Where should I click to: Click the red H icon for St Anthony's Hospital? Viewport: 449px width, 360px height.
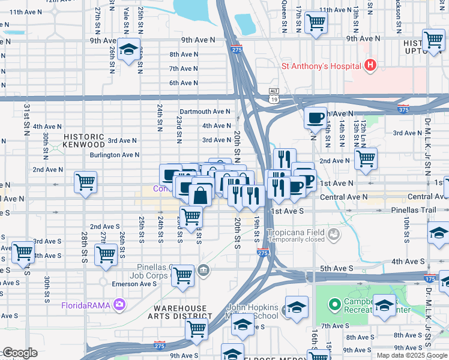(371, 65)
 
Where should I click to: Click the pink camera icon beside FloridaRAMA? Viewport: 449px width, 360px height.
(119, 305)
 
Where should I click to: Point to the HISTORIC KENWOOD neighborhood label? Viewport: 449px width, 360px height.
(85, 140)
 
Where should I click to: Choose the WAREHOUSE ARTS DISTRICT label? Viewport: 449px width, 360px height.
(180, 313)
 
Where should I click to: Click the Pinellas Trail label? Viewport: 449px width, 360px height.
(424, 212)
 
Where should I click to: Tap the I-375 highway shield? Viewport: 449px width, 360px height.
(404, 109)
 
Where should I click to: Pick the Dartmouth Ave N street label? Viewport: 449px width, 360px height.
(205, 111)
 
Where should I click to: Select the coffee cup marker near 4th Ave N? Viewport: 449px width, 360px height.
(315, 118)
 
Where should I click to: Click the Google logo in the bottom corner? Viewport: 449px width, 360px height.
(20, 353)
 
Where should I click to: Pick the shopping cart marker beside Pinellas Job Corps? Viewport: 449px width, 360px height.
(182, 276)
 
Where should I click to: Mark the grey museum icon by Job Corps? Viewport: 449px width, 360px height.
(203, 271)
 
